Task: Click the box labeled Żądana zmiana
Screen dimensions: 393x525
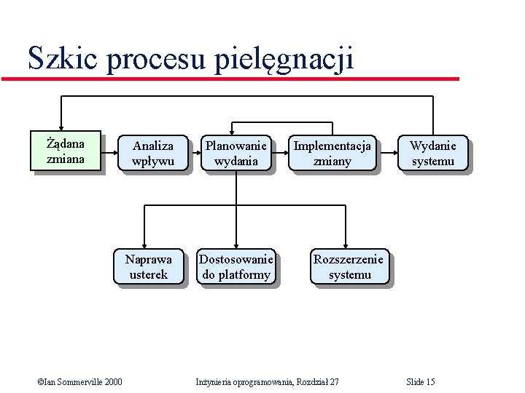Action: click(x=66, y=151)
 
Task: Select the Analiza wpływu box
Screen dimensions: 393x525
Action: click(x=153, y=154)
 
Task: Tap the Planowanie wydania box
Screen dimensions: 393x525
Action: click(x=236, y=154)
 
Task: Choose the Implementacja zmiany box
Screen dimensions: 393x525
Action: click(x=332, y=154)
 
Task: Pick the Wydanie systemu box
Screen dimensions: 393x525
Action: click(x=432, y=154)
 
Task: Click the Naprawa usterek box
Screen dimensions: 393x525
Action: click(x=149, y=266)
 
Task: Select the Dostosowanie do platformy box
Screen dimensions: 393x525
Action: click(x=236, y=266)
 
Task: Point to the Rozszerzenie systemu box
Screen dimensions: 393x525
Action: click(x=349, y=266)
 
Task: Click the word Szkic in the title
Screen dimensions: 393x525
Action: click(x=63, y=58)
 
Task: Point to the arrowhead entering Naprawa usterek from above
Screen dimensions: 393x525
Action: click(x=145, y=246)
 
